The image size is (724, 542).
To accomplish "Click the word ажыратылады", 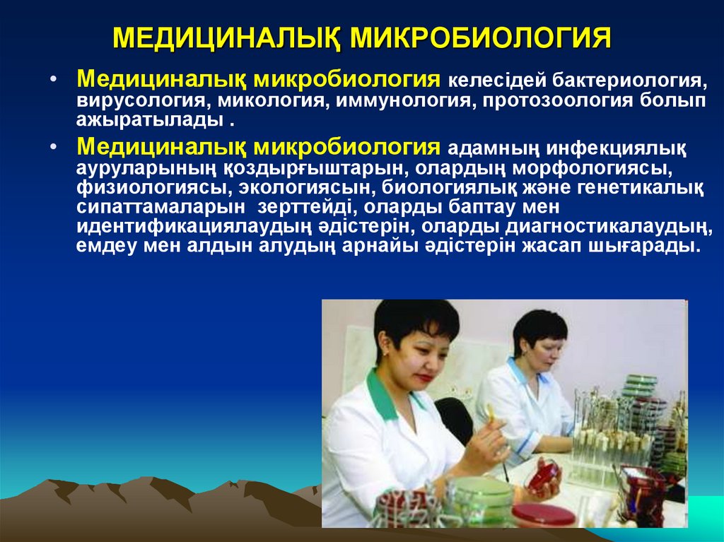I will pyautogui.click(x=151, y=119).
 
